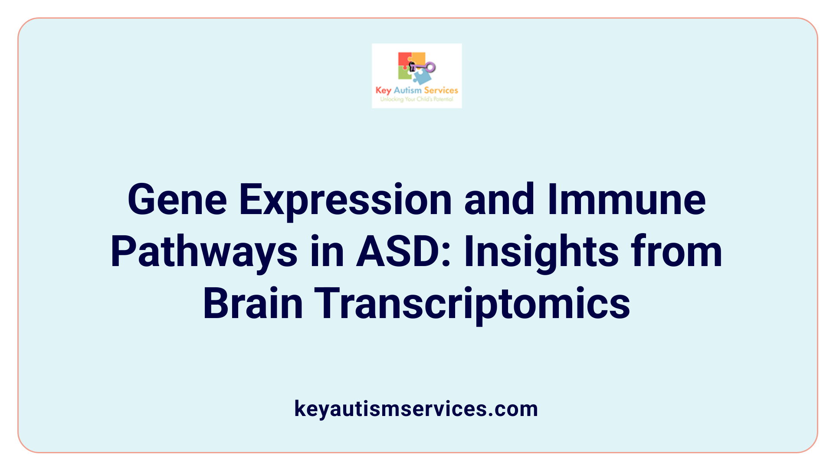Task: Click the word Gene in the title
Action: [x=177, y=200]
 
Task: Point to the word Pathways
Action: [x=204, y=253]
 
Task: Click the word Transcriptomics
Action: [x=472, y=305]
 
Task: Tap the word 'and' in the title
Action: [x=499, y=200]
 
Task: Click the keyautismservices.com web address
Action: [x=416, y=409]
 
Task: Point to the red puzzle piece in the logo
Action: [x=404, y=59]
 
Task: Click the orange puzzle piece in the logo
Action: [x=418, y=58]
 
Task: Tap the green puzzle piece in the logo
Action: [x=404, y=73]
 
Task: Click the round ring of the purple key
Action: [x=430, y=67]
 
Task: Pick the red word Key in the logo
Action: [x=383, y=91]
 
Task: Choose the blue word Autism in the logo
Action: [x=407, y=90]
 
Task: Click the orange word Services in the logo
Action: [x=441, y=90]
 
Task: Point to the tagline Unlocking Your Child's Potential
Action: [x=416, y=99]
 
